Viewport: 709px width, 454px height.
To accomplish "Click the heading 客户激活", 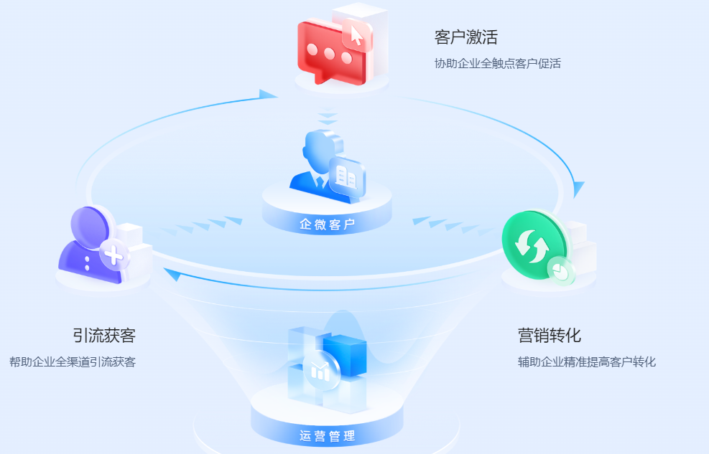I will click(x=465, y=37).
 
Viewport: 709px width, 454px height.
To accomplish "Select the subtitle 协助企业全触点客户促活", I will click(x=497, y=63).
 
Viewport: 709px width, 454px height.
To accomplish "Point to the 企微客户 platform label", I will click(x=328, y=224).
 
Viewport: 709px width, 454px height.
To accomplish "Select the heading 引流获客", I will click(x=104, y=335).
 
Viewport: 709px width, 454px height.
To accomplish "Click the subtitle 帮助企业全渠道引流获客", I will click(x=73, y=361).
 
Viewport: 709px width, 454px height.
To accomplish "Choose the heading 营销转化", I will click(x=550, y=335).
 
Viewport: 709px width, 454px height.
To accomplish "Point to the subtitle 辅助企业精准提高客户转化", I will click(x=586, y=361).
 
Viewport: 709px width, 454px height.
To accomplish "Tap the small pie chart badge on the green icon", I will click(x=560, y=270).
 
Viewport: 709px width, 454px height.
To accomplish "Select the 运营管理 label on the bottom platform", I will click(x=327, y=435).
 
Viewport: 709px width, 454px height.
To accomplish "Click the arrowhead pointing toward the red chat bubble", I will click(x=268, y=95).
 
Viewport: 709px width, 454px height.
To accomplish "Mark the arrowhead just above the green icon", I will click(x=578, y=189).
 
